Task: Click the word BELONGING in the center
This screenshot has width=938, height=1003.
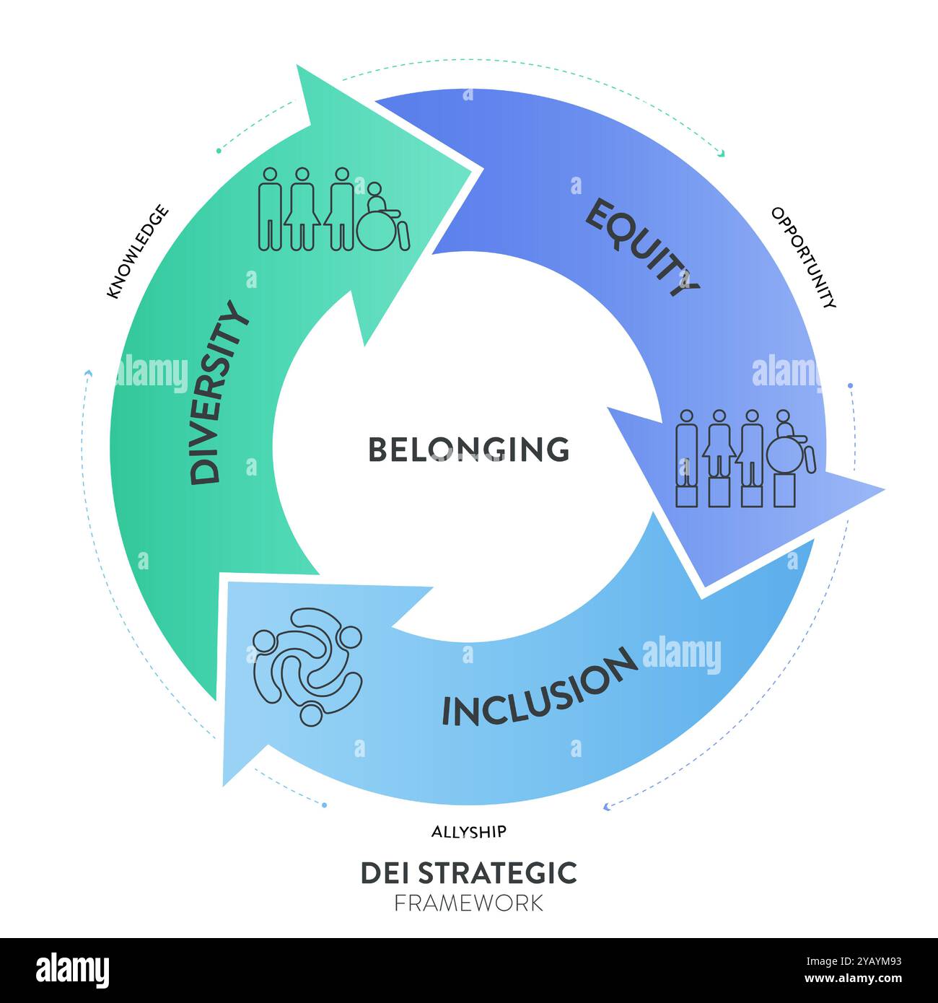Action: (x=469, y=449)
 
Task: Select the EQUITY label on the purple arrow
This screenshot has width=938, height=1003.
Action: (x=642, y=248)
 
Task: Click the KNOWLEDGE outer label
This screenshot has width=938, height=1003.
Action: (x=137, y=251)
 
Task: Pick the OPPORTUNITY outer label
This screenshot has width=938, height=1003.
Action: (x=803, y=258)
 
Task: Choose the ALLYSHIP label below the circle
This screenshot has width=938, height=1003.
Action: (x=469, y=832)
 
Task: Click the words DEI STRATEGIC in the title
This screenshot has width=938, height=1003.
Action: (x=469, y=872)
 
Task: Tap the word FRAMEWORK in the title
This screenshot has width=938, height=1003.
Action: (x=469, y=903)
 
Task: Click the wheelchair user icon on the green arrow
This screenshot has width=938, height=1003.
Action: (x=383, y=217)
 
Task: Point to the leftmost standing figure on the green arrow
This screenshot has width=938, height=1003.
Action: (x=271, y=209)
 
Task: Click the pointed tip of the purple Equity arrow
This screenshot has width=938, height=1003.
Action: (x=885, y=489)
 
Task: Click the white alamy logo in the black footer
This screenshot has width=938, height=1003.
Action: (x=72, y=971)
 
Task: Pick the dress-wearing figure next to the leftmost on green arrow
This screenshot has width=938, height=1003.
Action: (x=302, y=209)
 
